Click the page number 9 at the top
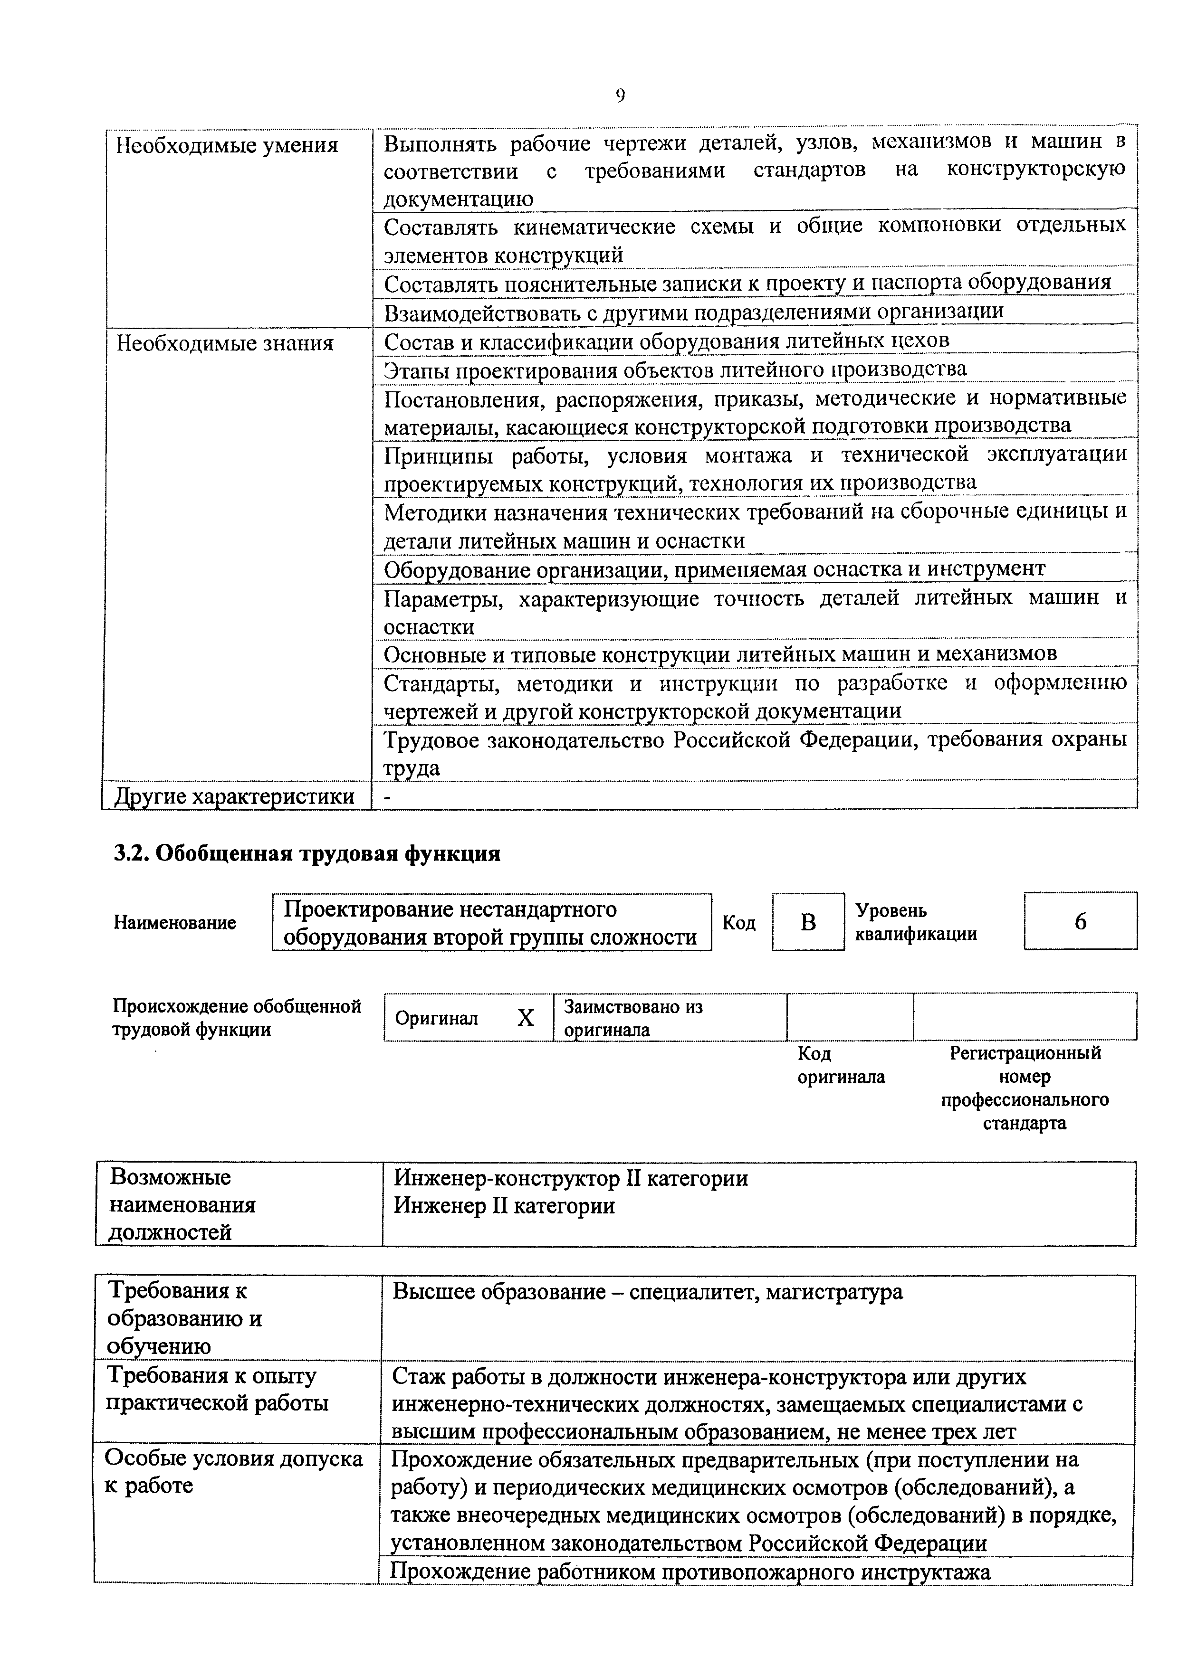point(620,96)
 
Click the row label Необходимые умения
point(227,146)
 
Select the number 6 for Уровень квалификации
point(1080,921)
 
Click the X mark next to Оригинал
point(526,1018)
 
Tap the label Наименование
point(175,922)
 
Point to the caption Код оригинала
point(841,1064)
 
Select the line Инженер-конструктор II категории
point(571,1178)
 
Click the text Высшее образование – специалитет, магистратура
point(647,1292)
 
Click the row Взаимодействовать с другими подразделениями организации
point(693,311)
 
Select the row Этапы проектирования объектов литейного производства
point(675,369)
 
